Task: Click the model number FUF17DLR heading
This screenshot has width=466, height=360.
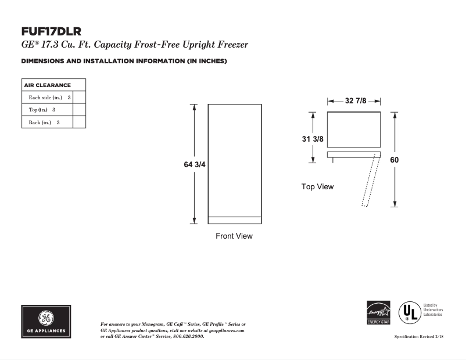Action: pos(51,31)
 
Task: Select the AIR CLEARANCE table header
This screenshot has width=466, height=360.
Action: pos(47,85)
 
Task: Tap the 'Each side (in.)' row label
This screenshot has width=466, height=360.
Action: pos(45,98)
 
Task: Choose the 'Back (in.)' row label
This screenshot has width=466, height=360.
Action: pos(40,123)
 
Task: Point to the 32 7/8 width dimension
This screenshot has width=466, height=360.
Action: pos(356,100)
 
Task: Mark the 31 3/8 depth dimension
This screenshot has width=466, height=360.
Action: pos(313,139)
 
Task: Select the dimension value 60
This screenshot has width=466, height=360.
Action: pos(395,160)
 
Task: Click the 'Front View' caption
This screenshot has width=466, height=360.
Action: pos(234,236)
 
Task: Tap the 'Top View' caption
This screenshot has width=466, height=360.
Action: pos(317,186)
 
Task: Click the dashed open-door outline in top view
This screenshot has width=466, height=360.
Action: pos(370,181)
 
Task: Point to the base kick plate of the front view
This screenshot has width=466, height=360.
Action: pos(234,220)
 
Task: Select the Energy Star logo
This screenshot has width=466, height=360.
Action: pos(378,313)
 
